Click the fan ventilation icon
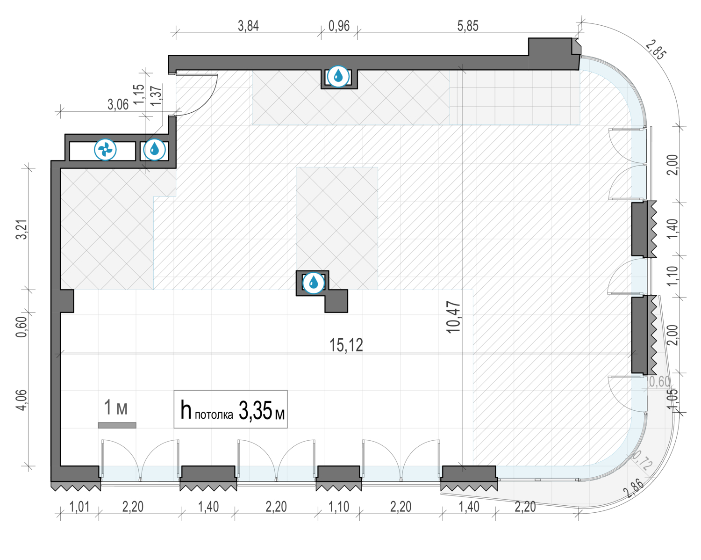[x=105, y=150]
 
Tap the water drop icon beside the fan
[x=154, y=150]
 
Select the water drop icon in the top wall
[x=338, y=76]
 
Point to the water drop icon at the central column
[x=314, y=283]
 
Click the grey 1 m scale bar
[x=117, y=425]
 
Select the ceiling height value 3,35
[x=255, y=411]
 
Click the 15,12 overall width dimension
[x=346, y=345]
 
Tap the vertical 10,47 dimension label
[x=454, y=317]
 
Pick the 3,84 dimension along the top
[x=248, y=26]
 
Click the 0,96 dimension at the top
[x=339, y=26]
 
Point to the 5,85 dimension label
[x=468, y=26]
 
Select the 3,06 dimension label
[x=118, y=105]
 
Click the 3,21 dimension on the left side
[x=22, y=230]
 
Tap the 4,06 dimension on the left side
[x=22, y=400]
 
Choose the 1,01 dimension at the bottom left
[x=79, y=507]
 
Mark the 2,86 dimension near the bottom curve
[x=633, y=488]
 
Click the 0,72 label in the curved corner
[x=642, y=460]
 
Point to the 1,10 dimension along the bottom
[x=339, y=507]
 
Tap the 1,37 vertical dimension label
[x=157, y=95]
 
